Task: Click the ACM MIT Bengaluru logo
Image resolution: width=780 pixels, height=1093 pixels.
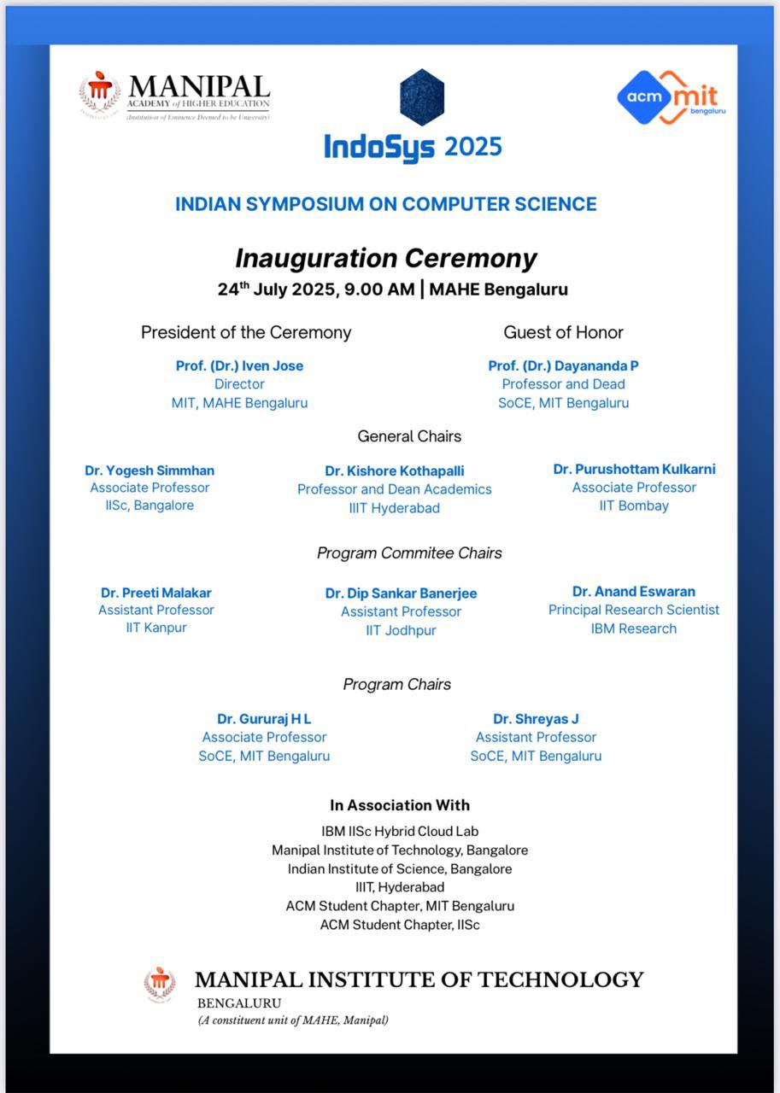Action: pyautogui.click(x=671, y=96)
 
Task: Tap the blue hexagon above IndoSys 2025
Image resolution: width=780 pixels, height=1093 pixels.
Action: pyautogui.click(x=422, y=96)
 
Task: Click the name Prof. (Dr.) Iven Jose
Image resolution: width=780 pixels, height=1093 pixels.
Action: pyautogui.click(x=239, y=365)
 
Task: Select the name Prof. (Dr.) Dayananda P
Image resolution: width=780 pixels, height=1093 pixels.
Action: pyautogui.click(x=563, y=365)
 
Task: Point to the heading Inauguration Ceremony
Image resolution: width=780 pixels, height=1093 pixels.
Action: pyautogui.click(x=386, y=258)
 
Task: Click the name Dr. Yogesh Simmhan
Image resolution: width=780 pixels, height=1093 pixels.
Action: pyautogui.click(x=150, y=471)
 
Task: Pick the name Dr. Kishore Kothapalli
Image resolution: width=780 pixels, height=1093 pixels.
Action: pyautogui.click(x=395, y=471)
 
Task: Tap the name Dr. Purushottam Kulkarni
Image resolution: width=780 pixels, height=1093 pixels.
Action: pyautogui.click(x=634, y=470)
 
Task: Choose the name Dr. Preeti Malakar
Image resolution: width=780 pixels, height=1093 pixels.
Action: pyautogui.click(x=155, y=593)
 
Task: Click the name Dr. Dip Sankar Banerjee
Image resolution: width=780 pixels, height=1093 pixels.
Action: pyautogui.click(x=401, y=593)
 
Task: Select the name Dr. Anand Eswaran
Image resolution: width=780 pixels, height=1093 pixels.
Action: pyautogui.click(x=634, y=592)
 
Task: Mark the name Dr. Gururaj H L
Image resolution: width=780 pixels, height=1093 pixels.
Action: pyautogui.click(x=264, y=719)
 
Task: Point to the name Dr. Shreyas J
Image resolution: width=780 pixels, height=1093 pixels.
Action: pyautogui.click(x=536, y=719)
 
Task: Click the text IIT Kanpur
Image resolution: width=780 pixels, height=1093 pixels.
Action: pyautogui.click(x=155, y=628)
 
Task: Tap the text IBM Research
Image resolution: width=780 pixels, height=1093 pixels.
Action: pyautogui.click(x=634, y=628)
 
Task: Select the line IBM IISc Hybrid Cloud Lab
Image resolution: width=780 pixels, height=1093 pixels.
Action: pyautogui.click(x=400, y=831)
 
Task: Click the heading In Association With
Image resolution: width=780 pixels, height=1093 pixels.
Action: pyautogui.click(x=400, y=805)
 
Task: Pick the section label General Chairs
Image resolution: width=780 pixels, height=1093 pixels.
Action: pyautogui.click(x=409, y=436)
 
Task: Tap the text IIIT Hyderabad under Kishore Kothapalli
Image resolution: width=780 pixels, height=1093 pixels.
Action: pyautogui.click(x=395, y=508)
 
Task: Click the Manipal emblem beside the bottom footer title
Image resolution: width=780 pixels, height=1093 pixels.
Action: pyautogui.click(x=160, y=984)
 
